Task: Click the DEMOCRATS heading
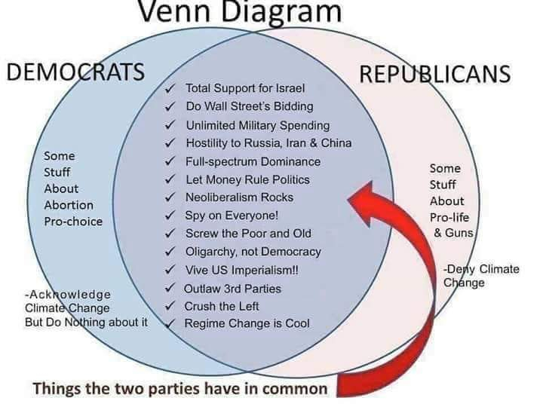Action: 75,73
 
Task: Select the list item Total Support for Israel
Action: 245,88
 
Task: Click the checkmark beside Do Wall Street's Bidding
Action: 172,106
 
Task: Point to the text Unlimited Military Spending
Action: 257,125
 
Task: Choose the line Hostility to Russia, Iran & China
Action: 268,143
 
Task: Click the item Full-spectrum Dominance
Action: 253,161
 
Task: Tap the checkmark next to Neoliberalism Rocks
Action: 172,197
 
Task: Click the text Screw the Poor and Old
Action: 248,234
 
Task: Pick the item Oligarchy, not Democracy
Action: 253,252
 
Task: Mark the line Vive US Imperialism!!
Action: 242,270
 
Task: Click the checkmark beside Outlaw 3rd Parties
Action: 172,288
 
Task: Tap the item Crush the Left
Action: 222,306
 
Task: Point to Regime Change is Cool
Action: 247,324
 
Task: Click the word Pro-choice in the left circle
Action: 73,222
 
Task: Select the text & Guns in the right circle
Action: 453,233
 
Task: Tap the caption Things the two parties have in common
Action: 180,389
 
